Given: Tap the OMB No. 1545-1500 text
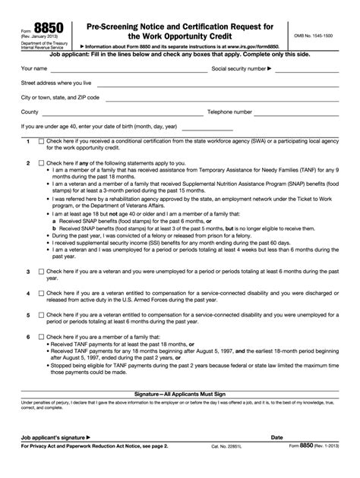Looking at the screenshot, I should [320, 36].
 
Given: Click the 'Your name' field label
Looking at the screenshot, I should [35, 68].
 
